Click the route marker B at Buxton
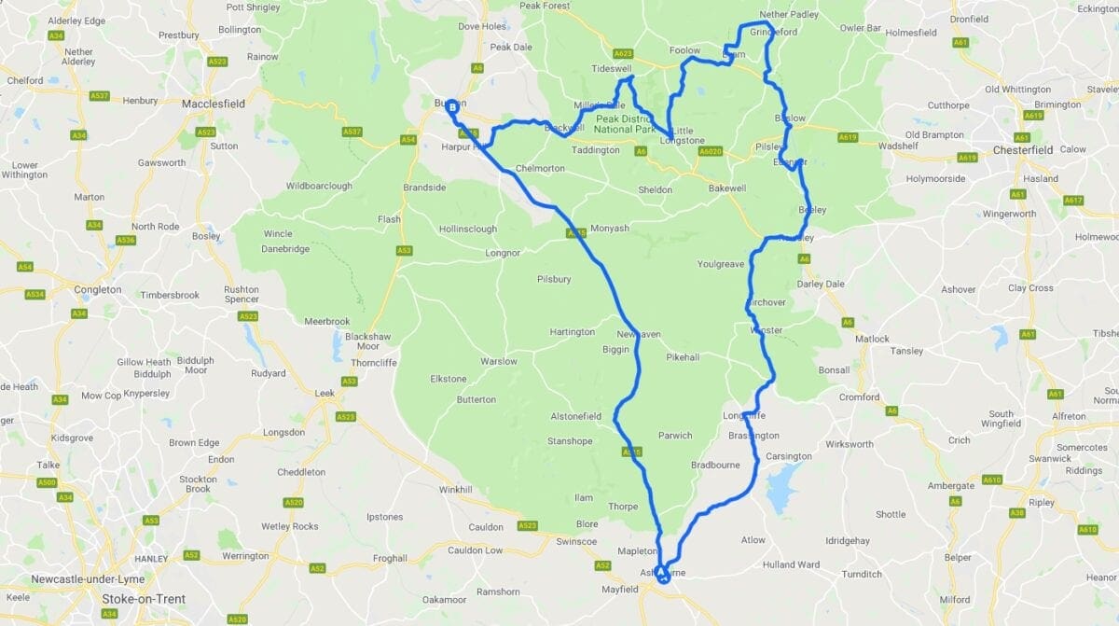tap(452, 107)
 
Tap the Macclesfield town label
tap(214, 104)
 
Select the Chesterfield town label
tap(1022, 149)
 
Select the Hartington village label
tap(572, 332)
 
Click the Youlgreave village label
tap(721, 264)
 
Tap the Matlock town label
tap(872, 339)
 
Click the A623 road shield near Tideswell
tap(624, 53)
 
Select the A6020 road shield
tap(711, 151)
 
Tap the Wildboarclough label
tap(319, 186)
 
